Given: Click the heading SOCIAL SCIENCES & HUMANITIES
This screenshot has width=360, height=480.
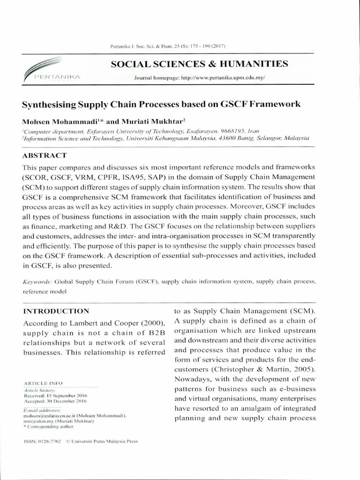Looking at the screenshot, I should tap(199, 64).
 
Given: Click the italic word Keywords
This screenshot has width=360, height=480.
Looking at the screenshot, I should tap(37, 282).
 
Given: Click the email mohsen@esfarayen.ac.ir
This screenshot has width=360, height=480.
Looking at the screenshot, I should tap(47, 416).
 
